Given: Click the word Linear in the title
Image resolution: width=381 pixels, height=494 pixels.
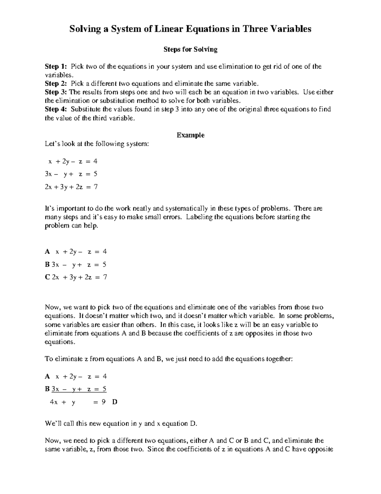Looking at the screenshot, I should (169, 29).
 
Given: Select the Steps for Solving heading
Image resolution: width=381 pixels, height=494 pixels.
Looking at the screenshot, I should (190, 49).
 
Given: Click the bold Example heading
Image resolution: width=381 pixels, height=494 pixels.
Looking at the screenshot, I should (190, 135).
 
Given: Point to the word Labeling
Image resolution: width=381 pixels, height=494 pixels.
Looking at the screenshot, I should (198, 217).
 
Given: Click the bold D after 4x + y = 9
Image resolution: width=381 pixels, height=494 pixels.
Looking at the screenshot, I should (115, 402).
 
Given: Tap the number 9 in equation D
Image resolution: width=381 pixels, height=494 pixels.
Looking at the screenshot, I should (104, 402).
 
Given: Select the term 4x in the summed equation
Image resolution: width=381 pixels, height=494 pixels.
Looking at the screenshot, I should (54, 402).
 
